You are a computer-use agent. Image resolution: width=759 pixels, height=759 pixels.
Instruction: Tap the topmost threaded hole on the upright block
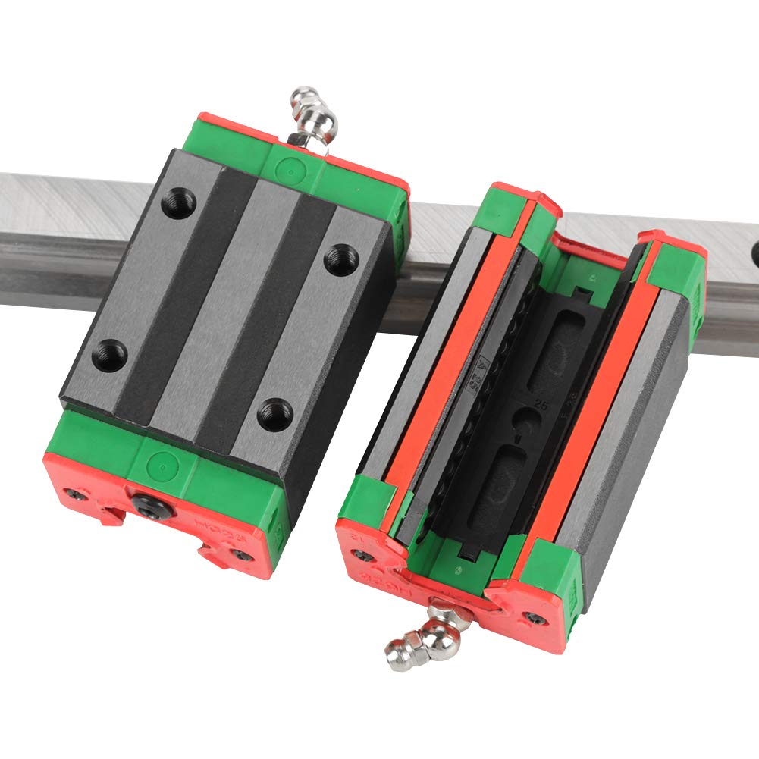coord(179,202)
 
